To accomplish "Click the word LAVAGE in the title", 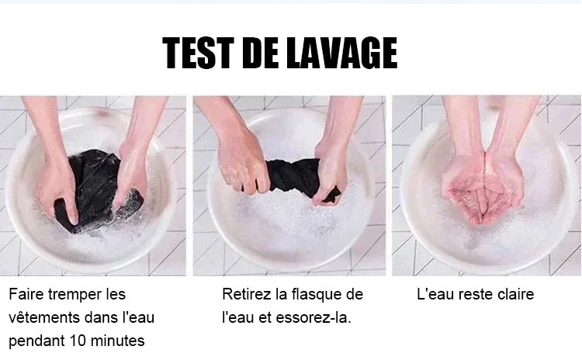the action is [x=342, y=53].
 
